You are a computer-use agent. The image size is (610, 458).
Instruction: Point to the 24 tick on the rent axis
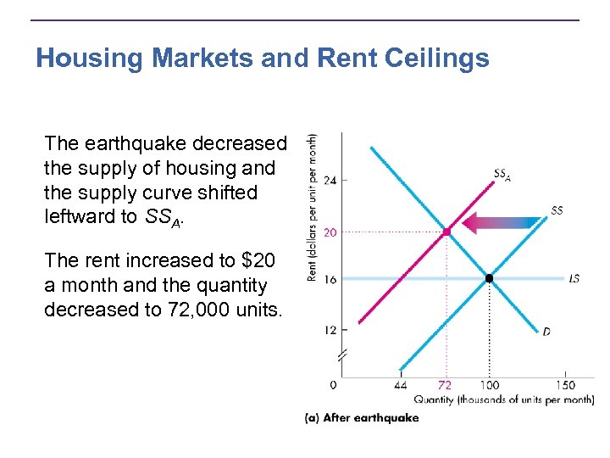click(x=330, y=180)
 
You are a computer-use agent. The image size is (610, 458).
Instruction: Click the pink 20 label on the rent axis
click(x=330, y=231)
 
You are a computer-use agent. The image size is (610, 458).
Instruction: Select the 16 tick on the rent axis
click(x=330, y=279)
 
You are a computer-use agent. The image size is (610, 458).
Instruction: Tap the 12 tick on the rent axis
click(x=330, y=329)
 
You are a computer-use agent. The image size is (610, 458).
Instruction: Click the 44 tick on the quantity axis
click(x=400, y=385)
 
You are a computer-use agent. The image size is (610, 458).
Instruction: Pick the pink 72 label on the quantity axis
click(x=446, y=385)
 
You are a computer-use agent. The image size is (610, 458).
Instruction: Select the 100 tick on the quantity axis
click(x=489, y=385)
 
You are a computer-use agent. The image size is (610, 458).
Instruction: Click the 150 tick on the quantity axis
click(x=566, y=385)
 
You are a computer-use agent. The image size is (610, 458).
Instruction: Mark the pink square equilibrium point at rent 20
click(x=446, y=231)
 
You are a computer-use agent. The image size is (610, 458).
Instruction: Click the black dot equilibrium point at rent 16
click(x=489, y=278)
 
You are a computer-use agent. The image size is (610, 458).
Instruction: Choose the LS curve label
click(x=574, y=279)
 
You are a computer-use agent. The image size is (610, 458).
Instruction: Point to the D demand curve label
click(x=546, y=332)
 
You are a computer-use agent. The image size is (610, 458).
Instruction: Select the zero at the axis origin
click(x=333, y=385)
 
